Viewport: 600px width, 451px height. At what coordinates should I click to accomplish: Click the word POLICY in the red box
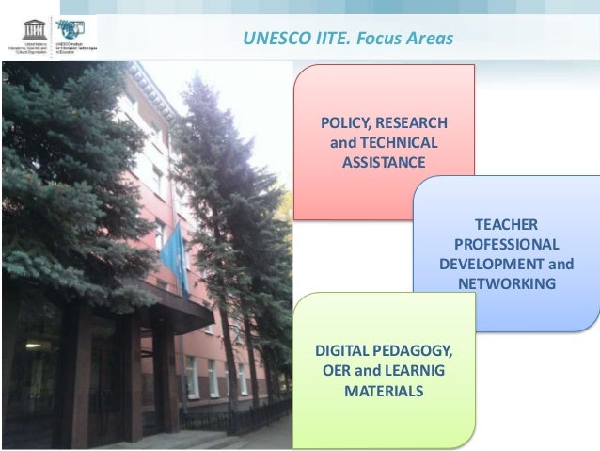click(x=345, y=123)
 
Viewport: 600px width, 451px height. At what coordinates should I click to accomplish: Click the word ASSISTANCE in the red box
click(x=384, y=163)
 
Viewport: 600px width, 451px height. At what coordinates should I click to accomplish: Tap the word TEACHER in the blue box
click(x=506, y=224)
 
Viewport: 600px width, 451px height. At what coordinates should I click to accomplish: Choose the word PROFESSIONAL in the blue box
click(x=506, y=244)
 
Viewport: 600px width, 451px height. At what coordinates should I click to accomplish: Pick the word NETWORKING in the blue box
click(x=506, y=283)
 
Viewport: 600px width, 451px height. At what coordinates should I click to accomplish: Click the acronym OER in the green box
click(x=338, y=372)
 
